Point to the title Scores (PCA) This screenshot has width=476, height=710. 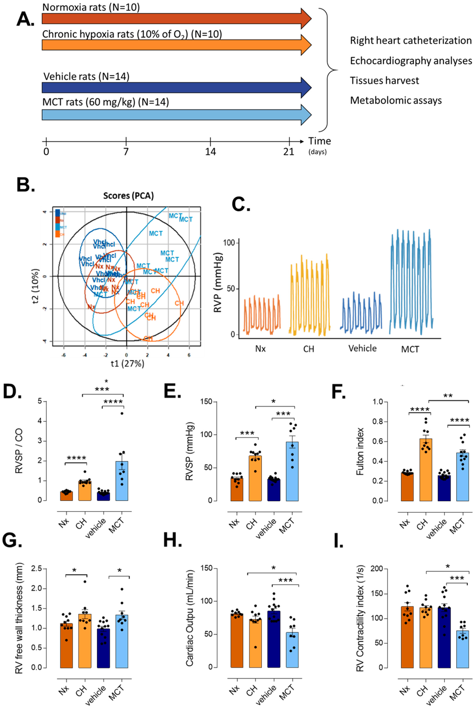128,196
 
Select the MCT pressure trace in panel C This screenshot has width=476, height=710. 411,283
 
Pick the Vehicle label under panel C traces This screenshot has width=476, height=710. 362,348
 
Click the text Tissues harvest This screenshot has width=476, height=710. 384,81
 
